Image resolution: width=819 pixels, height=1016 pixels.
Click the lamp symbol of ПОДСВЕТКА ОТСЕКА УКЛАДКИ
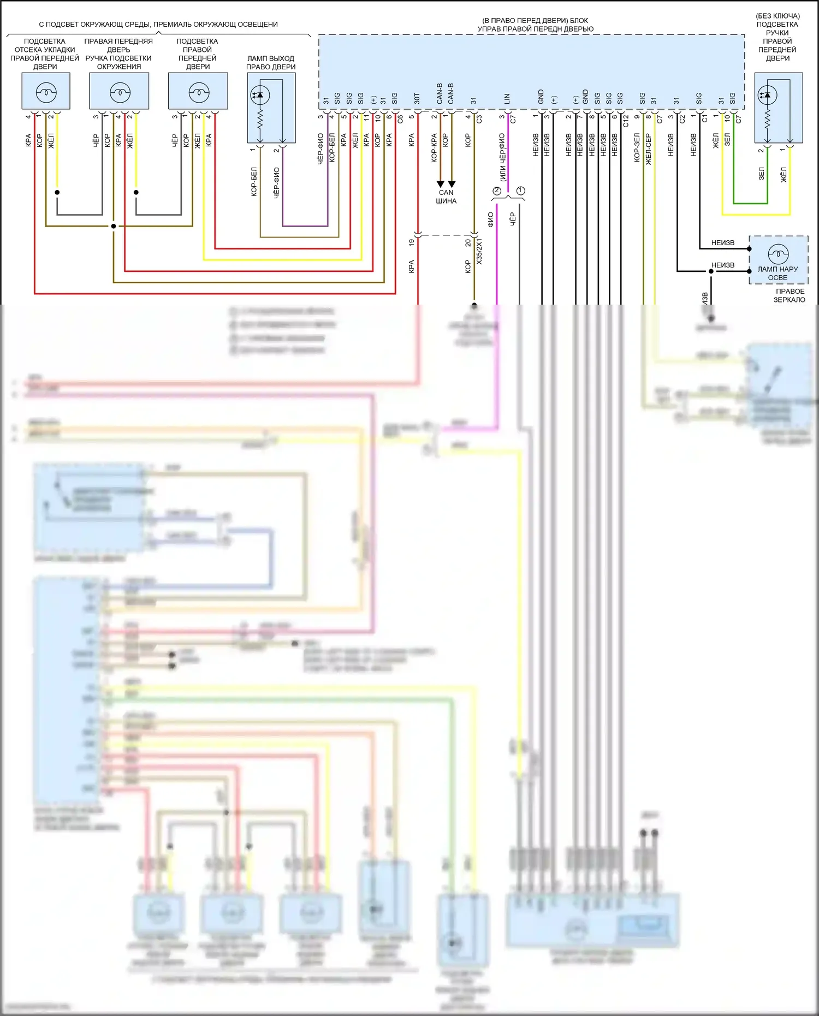coord(46,92)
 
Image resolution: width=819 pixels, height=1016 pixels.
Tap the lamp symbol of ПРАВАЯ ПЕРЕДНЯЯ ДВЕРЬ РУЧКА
coord(120,92)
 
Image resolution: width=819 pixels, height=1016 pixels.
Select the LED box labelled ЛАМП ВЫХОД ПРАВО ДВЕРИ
coord(271,108)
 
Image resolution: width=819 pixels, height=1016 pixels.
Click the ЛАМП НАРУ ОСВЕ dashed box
coord(778,260)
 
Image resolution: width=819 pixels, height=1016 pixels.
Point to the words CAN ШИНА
coord(446,197)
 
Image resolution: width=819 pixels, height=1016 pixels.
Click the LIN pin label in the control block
coord(507,99)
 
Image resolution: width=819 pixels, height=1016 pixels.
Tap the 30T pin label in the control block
coord(417,98)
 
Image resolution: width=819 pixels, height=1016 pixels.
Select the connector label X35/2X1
coord(479,251)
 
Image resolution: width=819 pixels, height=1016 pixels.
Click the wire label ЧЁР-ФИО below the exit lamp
coord(276,182)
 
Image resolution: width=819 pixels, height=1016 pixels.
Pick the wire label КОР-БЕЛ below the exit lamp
coord(254,182)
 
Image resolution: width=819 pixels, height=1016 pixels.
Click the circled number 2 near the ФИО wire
coord(497,191)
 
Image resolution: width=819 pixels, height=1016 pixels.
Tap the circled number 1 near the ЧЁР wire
coord(521,191)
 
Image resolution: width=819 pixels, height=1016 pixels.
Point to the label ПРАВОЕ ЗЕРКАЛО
coord(790,295)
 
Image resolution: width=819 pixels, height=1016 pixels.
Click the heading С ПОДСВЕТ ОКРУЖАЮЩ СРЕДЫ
coord(158,25)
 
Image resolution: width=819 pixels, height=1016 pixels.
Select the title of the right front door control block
coord(535,25)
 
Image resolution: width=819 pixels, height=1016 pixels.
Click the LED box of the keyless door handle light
coord(778,108)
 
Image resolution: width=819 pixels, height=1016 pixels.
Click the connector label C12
coord(626,120)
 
